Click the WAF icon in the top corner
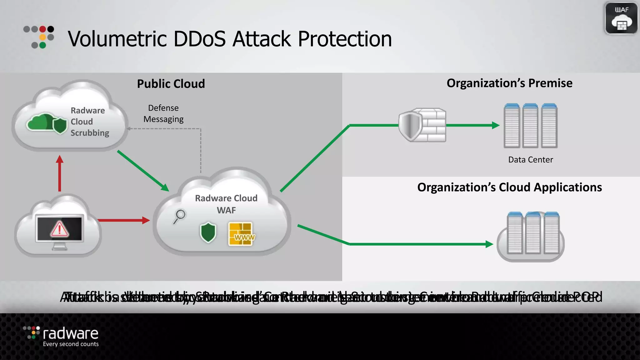[621, 18]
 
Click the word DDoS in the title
[199, 39]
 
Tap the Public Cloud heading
[171, 84]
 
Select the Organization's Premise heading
[509, 83]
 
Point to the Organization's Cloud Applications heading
[509, 187]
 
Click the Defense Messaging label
[163, 113]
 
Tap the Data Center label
[530, 160]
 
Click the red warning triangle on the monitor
[59, 229]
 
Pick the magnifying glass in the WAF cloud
[179, 216]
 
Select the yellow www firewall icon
[241, 234]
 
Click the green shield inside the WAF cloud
[208, 232]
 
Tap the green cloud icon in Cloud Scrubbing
[42, 122]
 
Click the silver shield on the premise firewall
[410, 126]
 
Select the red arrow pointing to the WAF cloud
[123, 220]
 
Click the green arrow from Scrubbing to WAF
[143, 171]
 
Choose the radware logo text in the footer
[70, 334]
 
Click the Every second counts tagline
[71, 344]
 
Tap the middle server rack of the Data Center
[530, 126]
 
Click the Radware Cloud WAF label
[226, 204]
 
